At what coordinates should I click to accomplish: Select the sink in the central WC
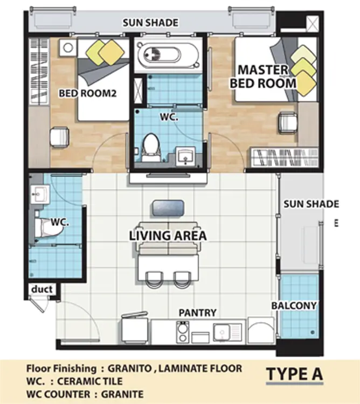pyautogui.click(x=185, y=156)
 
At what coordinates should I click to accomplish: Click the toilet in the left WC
pyautogui.click(x=48, y=227)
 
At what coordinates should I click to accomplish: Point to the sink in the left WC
pyautogui.click(x=40, y=194)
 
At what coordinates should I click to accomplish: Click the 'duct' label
pyautogui.click(x=42, y=289)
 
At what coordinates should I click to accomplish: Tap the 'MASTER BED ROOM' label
pyautogui.click(x=263, y=76)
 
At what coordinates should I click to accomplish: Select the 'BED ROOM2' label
pyautogui.click(x=88, y=93)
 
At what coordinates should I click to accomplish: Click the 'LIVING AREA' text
pyautogui.click(x=168, y=236)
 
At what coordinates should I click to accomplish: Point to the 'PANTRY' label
pyautogui.click(x=198, y=312)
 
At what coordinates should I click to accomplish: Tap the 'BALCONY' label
pyautogui.click(x=294, y=305)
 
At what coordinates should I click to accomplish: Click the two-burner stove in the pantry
pyautogui.click(x=183, y=332)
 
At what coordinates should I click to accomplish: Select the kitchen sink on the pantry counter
pyautogui.click(x=227, y=332)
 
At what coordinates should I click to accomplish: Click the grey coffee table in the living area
pyautogui.click(x=168, y=208)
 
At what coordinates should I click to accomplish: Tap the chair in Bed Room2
pyautogui.click(x=59, y=137)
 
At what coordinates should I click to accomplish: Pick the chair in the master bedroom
pyautogui.click(x=288, y=123)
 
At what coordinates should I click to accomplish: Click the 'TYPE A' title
pyautogui.click(x=294, y=374)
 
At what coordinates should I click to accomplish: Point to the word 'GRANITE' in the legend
pyautogui.click(x=122, y=394)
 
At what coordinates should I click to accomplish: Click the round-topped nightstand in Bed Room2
pyautogui.click(x=68, y=48)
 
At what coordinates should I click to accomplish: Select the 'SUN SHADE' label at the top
pyautogui.click(x=150, y=23)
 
